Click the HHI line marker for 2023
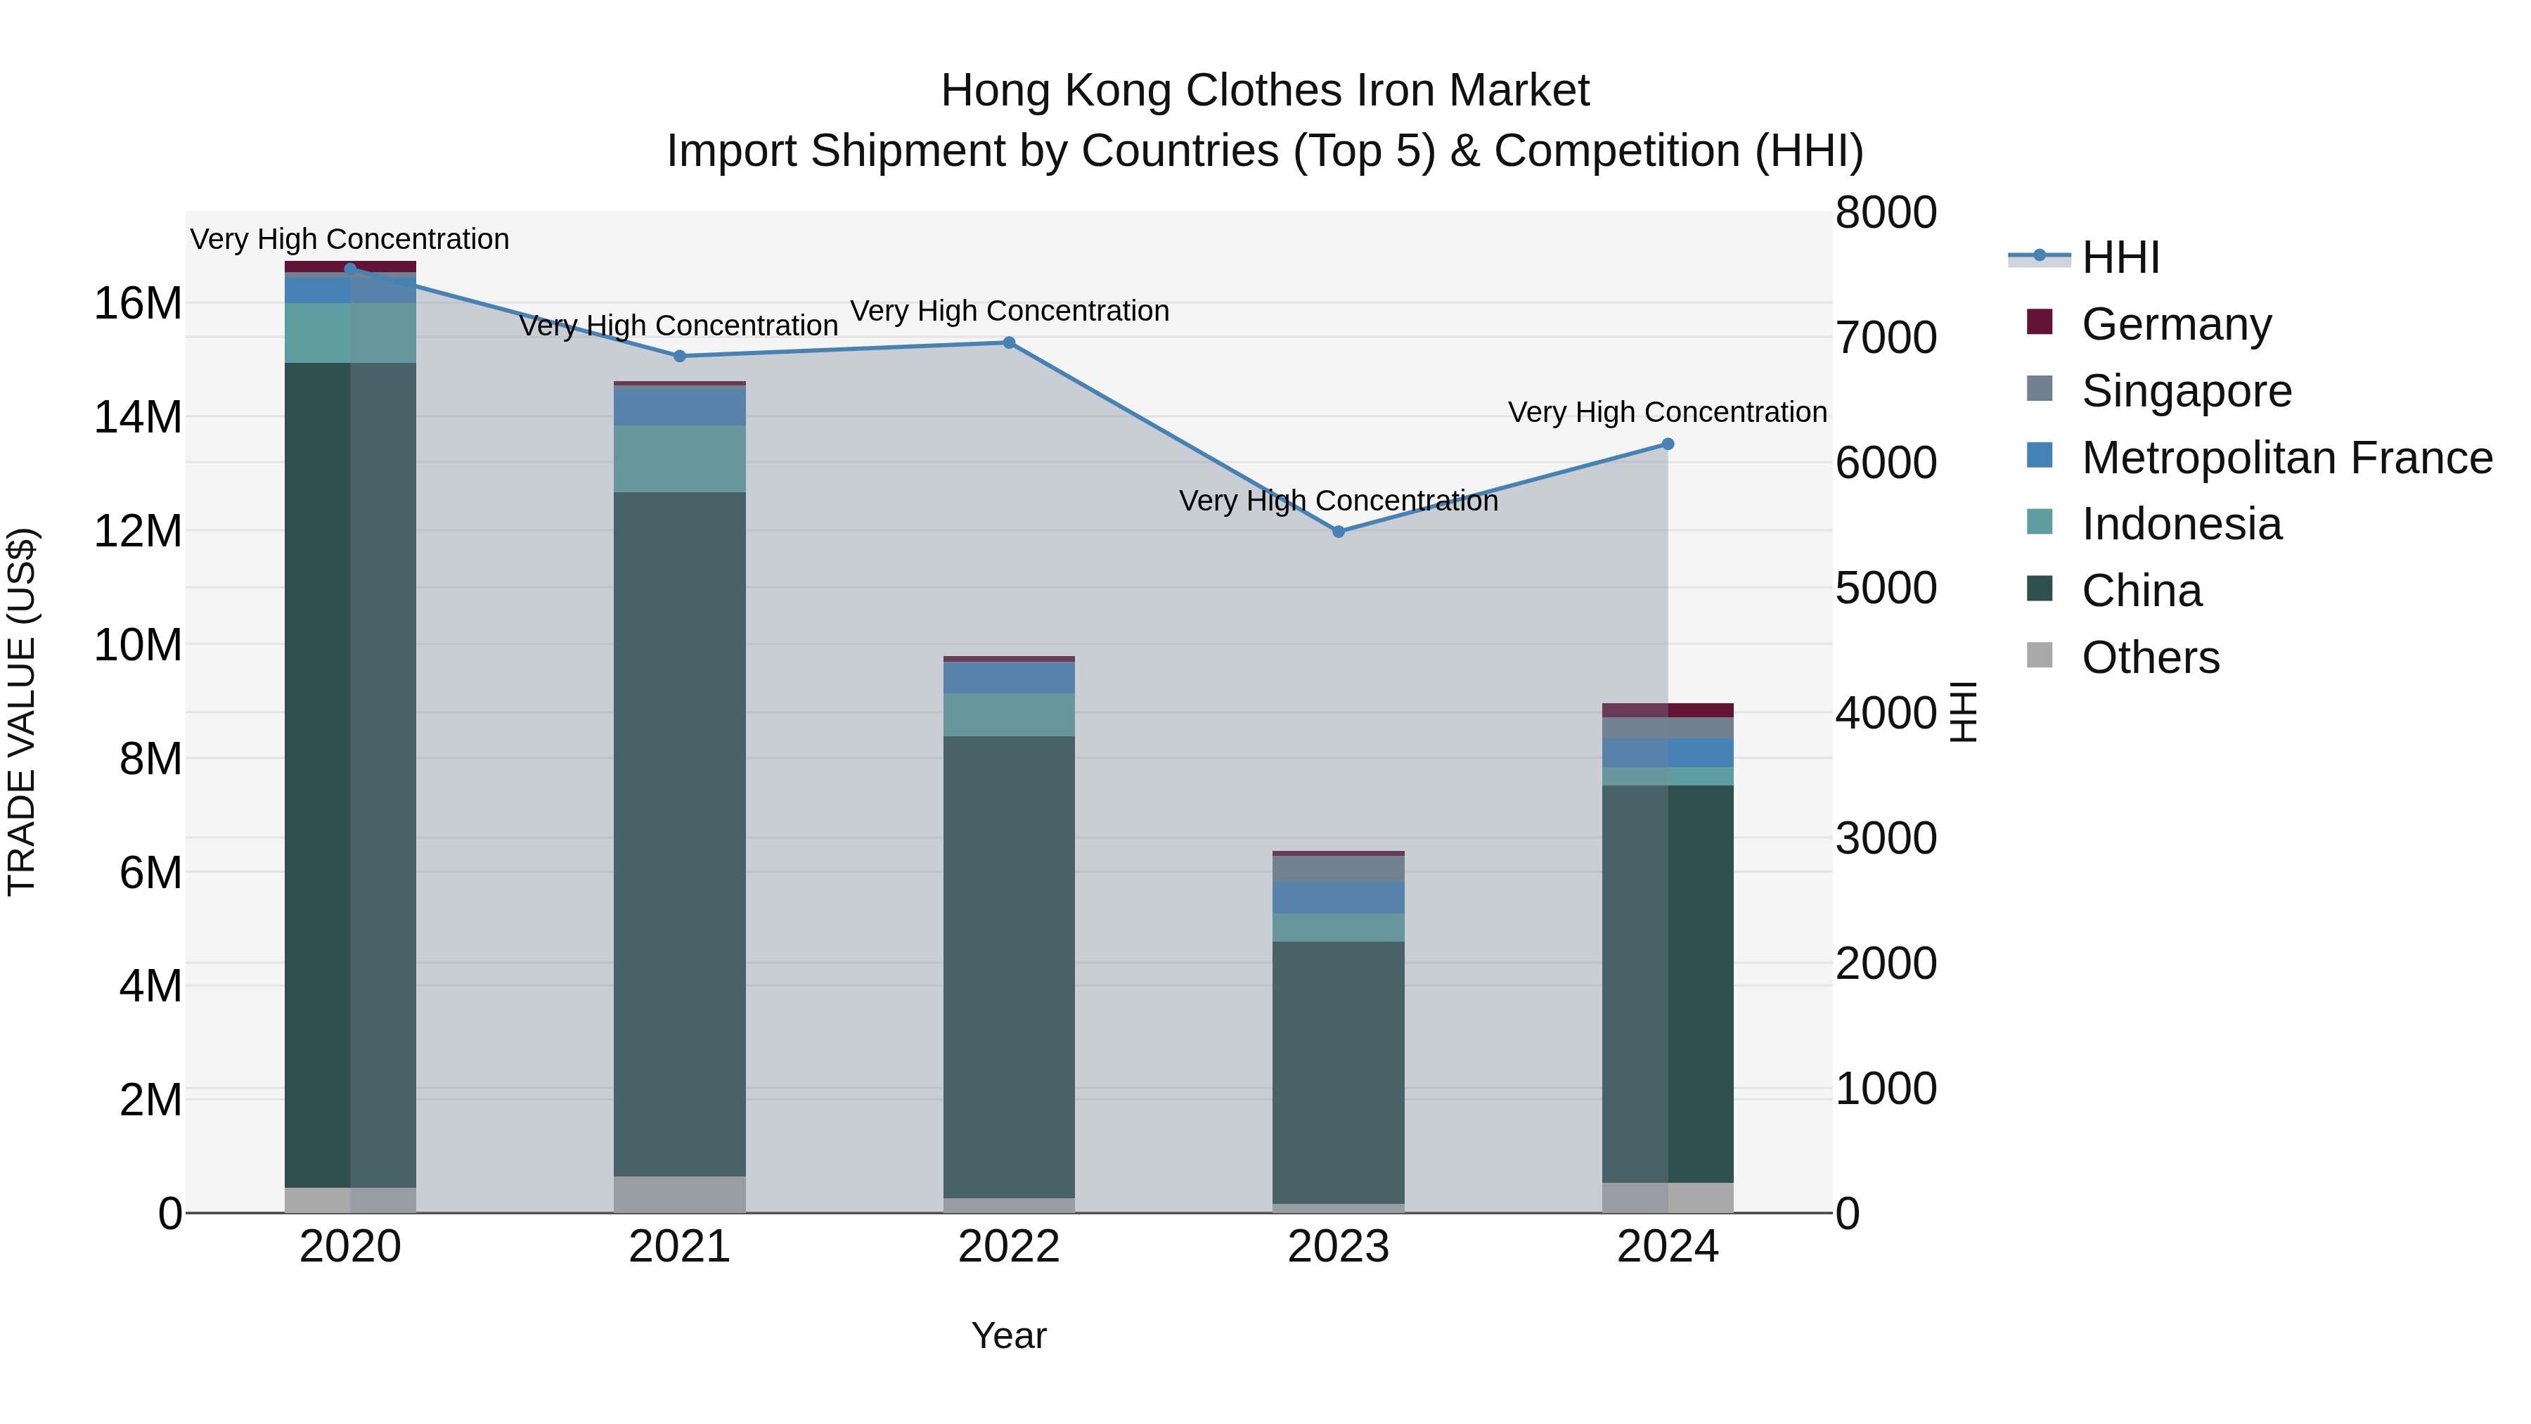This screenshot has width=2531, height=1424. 1338,532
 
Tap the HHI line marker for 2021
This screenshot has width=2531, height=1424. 680,356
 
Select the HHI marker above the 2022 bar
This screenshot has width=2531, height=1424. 1009,343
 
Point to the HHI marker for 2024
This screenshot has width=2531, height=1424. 1668,444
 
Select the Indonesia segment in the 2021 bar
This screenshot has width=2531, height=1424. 680,459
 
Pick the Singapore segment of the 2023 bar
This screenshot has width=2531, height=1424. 1338,868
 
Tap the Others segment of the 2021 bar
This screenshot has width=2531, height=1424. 680,1194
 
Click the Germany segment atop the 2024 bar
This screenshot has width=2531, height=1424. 1668,710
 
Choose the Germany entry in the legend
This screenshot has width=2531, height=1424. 2175,324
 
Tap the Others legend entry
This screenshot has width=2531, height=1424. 2150,658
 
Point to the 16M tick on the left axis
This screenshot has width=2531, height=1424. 138,304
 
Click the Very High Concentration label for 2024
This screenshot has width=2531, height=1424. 1668,412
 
